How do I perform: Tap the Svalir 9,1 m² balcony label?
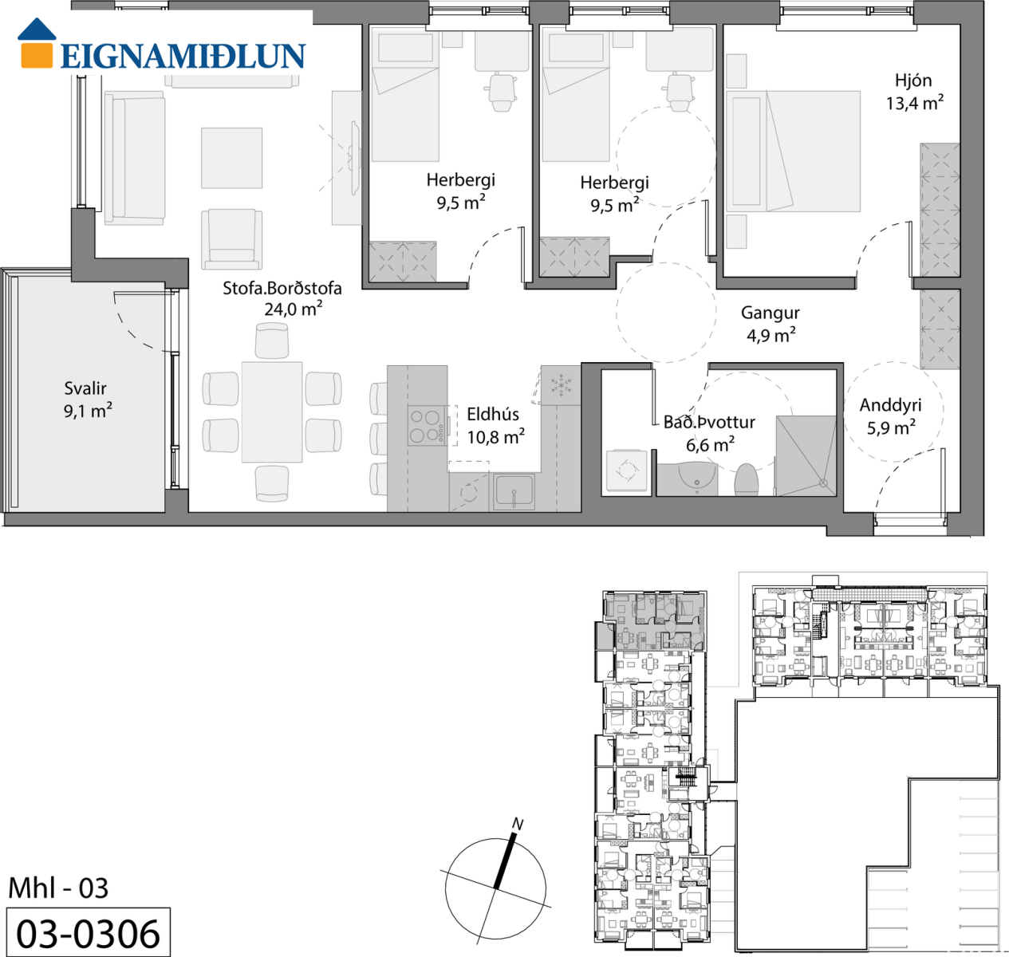click(87, 400)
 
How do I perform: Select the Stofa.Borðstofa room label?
click(282, 298)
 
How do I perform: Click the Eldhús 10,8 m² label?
click(495, 425)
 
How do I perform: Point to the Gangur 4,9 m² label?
click(771, 324)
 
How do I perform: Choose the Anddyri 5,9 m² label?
click(890, 416)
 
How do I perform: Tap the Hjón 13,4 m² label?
click(915, 92)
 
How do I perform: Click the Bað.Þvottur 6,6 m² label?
click(709, 433)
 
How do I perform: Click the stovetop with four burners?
click(427, 425)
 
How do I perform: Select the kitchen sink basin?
click(514, 491)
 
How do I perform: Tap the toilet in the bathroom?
click(747, 480)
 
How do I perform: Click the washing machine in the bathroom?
click(627, 470)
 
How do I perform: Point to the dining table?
click(272, 412)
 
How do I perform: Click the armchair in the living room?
click(231, 238)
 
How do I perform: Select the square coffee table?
click(231, 158)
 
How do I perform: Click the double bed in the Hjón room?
click(794, 152)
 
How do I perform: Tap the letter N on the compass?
click(518, 824)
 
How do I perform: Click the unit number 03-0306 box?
click(88, 931)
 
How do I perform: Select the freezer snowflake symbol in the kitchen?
click(561, 385)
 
